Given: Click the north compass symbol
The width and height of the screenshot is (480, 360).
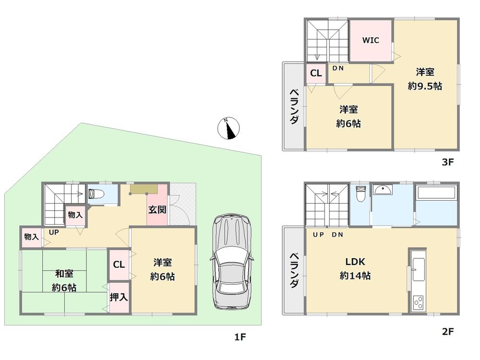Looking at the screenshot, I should (x=229, y=128).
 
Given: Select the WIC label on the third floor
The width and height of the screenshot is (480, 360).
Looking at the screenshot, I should (x=371, y=40).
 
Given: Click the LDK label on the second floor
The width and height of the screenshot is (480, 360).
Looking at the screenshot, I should (x=356, y=262).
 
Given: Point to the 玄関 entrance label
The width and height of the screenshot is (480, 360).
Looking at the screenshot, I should (x=157, y=210).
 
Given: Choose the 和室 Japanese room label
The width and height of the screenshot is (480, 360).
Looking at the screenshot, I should (x=64, y=274).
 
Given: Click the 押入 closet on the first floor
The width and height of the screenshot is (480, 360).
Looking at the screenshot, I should (x=119, y=297).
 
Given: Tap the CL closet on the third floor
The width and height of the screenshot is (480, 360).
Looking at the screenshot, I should (x=316, y=73).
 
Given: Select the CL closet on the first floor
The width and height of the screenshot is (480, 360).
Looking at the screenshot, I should (x=119, y=264).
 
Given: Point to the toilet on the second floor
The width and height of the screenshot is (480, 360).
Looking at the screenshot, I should (x=360, y=195).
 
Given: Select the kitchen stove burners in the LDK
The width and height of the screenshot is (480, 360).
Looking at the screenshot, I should (x=419, y=303).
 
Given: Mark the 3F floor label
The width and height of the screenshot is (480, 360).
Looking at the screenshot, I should (x=447, y=162).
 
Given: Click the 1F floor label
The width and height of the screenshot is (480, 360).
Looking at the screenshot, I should (x=240, y=337).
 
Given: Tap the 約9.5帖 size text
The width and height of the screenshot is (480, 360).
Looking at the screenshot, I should (x=425, y=86).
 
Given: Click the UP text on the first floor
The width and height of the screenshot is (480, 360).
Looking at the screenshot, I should (x=53, y=232).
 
